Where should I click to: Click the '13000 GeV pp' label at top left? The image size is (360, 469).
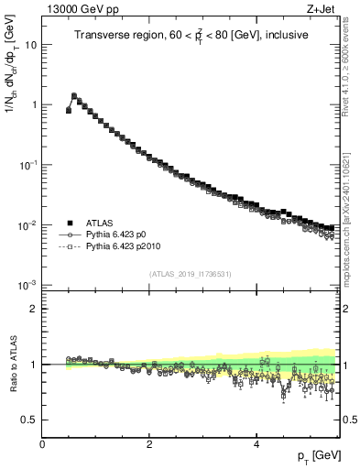78,8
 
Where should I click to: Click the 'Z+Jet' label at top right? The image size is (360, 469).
320,8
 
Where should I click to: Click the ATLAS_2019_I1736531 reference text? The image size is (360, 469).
191,274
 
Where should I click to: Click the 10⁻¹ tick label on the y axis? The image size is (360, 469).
28,165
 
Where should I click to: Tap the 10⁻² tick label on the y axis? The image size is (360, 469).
28,225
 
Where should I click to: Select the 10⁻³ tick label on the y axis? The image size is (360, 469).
28,286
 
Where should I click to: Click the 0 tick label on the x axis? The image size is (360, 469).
42,444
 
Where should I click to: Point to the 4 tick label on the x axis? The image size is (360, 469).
256,444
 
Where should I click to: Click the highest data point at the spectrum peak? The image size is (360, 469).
74,95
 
